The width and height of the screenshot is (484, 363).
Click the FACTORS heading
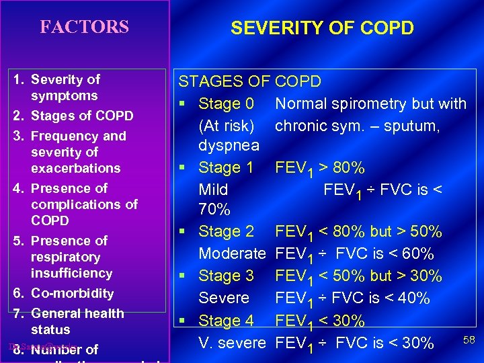[x=84, y=27]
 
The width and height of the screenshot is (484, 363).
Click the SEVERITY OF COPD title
[x=322, y=28]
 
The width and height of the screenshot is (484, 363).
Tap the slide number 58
[x=469, y=341]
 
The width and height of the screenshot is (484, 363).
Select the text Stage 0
[x=226, y=104]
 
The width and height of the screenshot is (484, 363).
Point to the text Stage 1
[x=226, y=167]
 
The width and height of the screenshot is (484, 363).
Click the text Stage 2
[x=226, y=232]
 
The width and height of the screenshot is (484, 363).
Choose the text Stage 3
[x=226, y=276]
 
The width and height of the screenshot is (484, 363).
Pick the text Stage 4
[x=226, y=321]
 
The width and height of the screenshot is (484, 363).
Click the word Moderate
[x=232, y=254]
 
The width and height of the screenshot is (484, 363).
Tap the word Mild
[x=213, y=190]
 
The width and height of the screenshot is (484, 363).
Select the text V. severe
[x=232, y=343]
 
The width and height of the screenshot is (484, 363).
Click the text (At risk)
[x=227, y=126]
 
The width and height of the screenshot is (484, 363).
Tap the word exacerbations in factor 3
[x=75, y=168]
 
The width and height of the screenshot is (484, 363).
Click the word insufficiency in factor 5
[x=71, y=273]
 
